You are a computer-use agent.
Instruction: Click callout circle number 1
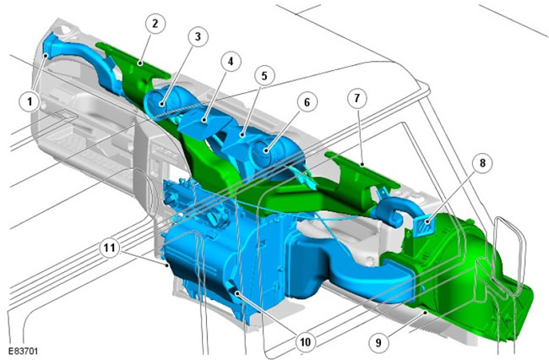30,101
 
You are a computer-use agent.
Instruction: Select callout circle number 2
155,24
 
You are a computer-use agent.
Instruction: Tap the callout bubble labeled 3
198,36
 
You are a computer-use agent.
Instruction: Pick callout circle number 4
231,62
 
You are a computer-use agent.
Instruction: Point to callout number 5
264,76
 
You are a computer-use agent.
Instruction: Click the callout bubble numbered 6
307,102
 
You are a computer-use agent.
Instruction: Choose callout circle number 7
357,98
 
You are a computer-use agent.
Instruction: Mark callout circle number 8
482,163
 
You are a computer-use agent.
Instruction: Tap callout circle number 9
378,342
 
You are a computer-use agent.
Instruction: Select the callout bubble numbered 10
305,341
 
